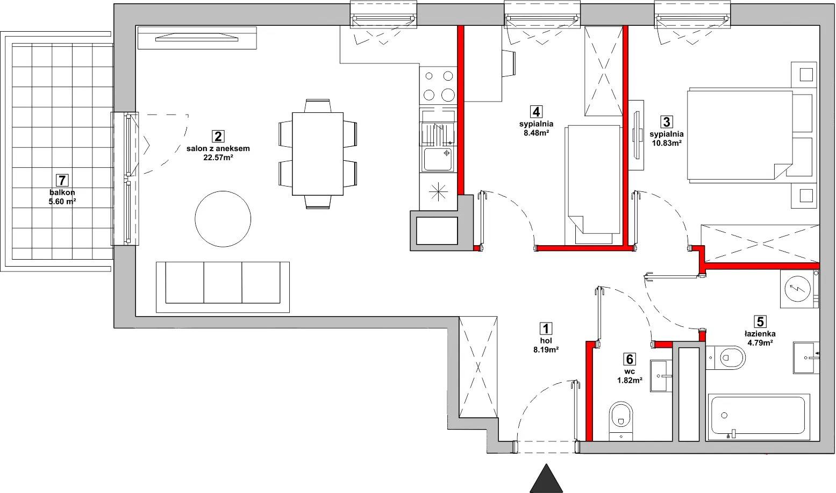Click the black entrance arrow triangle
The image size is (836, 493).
(x=546, y=480)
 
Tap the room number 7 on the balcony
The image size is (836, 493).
(x=62, y=181)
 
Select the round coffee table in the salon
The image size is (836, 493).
(x=223, y=219)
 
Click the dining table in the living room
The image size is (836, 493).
(x=318, y=154)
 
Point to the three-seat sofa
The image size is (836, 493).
(x=223, y=287)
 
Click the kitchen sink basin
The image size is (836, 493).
(x=438, y=159)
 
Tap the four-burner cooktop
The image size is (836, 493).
(x=438, y=85)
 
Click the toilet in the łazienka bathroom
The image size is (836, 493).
(x=726, y=358)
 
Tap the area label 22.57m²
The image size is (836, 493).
(x=218, y=158)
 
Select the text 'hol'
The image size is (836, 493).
(x=546, y=341)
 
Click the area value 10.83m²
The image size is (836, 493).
(x=667, y=142)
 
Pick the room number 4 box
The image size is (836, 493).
(x=536, y=112)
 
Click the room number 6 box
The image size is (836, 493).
(x=629, y=359)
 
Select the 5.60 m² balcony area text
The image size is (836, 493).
(x=62, y=202)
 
